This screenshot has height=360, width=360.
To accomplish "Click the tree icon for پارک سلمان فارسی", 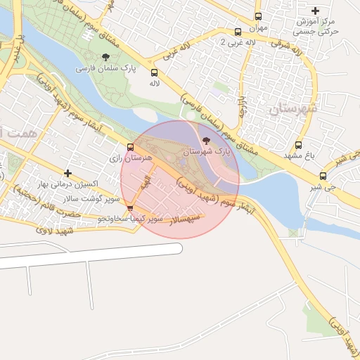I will coord(105,57).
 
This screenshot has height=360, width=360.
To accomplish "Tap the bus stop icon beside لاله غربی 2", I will coord(238,32).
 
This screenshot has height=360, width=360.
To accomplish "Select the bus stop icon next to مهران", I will coord(258,16).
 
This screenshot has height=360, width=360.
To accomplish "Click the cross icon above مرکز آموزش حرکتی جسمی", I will coord(315,11).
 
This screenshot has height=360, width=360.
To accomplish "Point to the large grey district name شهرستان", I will coord(294,109).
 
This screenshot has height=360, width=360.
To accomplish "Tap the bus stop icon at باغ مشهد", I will coord(299,145).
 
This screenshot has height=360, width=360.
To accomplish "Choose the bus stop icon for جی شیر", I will coord(323,176).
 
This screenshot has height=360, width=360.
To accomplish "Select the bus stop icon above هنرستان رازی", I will coord(130,147).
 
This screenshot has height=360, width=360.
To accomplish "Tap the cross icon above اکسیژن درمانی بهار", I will coord(67,172).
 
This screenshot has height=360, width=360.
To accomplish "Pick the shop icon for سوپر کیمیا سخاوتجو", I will coord(130,209).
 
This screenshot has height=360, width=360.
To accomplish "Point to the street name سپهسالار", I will coord(184,219).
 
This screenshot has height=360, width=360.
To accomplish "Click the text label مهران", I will coord(258,28).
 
